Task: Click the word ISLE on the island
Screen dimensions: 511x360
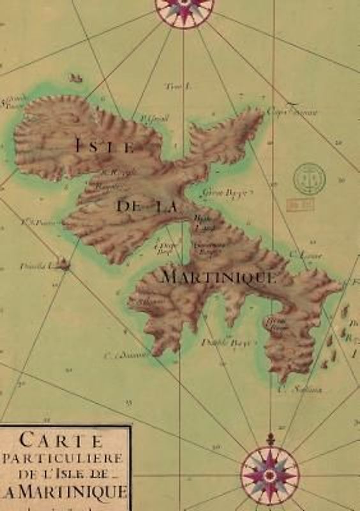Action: point(105,145)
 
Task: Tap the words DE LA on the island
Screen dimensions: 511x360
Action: point(146,205)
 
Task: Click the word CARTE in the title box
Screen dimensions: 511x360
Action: point(61,439)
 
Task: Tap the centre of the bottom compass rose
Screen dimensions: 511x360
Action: point(269,475)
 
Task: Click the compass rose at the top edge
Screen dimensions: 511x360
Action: point(184,10)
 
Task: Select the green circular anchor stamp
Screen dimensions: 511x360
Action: point(310,178)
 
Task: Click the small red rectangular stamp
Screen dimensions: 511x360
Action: point(299,204)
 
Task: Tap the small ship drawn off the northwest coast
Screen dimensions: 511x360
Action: point(76,77)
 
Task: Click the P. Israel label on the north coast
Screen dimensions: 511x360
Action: point(154,118)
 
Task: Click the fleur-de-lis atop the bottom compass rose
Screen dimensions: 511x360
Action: point(269,439)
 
